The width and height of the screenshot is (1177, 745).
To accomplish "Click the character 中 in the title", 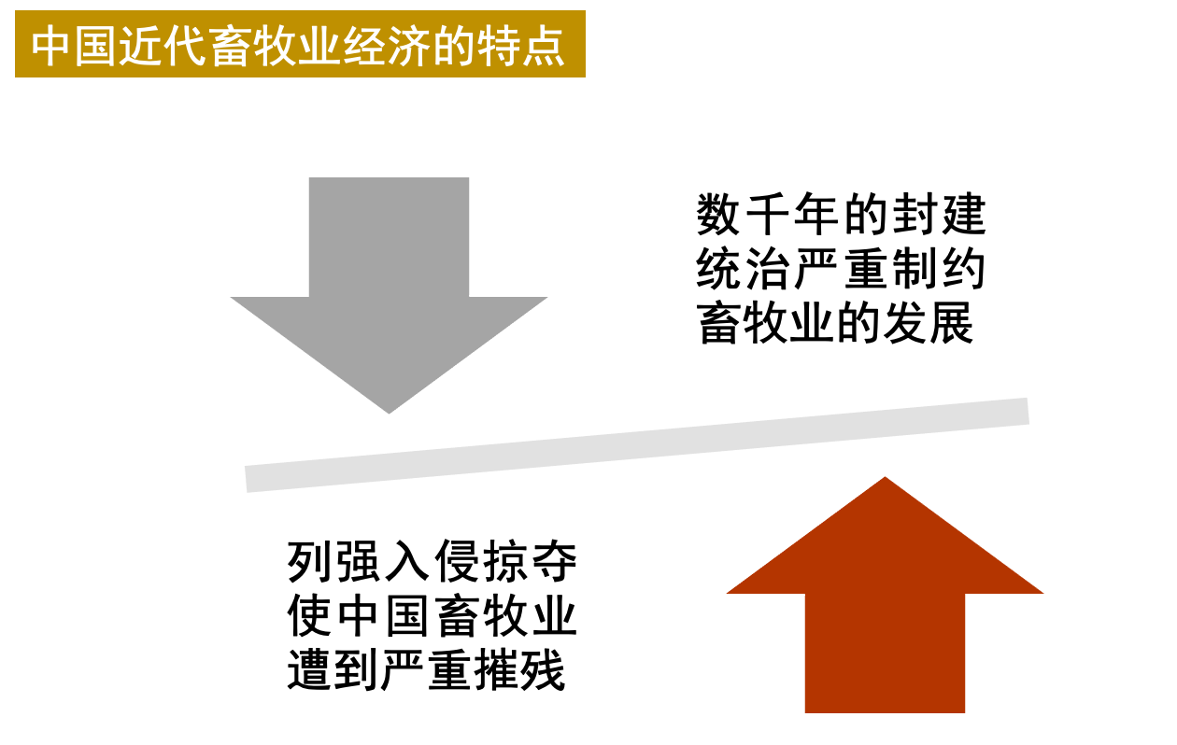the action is click(x=52, y=46).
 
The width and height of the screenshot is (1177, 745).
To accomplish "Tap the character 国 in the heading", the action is click(x=97, y=46).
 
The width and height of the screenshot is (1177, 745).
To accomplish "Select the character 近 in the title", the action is click(x=142, y=46).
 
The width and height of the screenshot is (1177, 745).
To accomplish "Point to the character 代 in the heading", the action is click(x=187, y=46).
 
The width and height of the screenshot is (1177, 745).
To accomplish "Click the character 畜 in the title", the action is click(x=232, y=46).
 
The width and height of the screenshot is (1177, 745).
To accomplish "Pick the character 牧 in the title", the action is click(x=277, y=46).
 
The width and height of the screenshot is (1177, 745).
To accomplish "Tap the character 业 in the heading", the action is click(x=321, y=46).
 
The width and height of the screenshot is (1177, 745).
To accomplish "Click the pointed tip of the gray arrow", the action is click(x=389, y=412).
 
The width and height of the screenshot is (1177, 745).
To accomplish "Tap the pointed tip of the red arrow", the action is click(x=885, y=479).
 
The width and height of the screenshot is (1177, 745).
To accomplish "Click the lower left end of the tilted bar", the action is click(x=252, y=478).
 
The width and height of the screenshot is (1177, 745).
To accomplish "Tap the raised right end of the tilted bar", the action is click(x=1021, y=412).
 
